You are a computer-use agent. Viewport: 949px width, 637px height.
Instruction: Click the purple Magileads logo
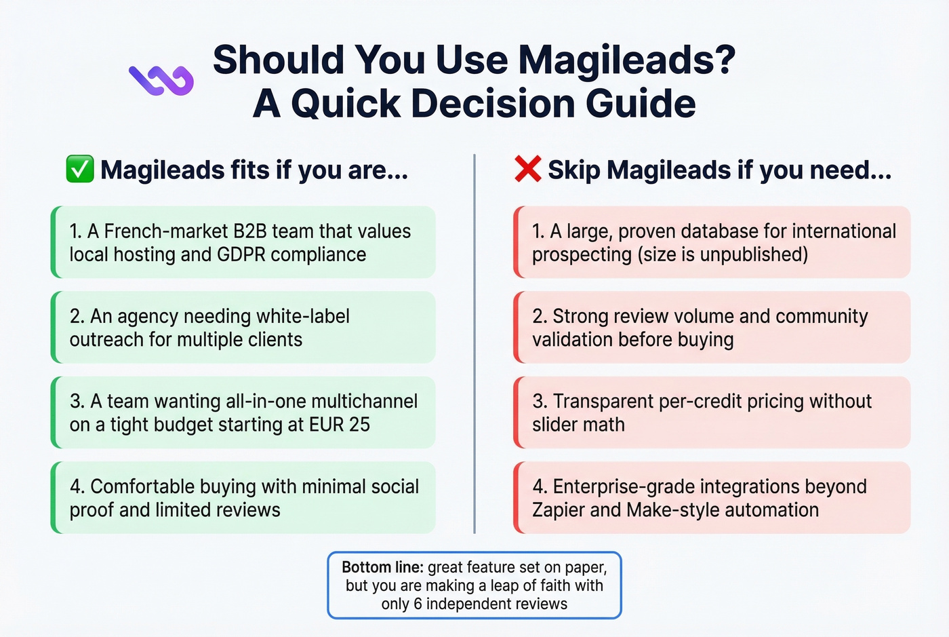(x=161, y=80)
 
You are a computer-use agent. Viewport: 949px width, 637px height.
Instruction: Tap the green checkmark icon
(x=79, y=170)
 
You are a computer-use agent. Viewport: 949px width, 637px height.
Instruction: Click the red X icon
(x=527, y=169)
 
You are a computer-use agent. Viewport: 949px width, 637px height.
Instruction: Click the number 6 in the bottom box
(x=418, y=604)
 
